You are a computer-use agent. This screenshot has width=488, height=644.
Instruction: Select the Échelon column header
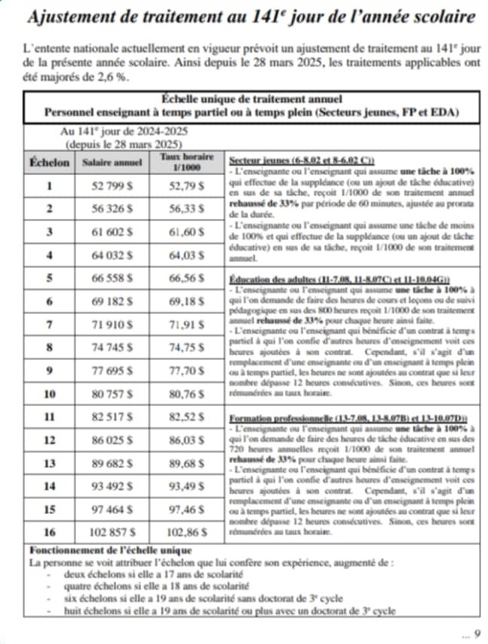49,162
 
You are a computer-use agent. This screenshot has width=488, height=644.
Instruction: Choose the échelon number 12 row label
49,439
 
